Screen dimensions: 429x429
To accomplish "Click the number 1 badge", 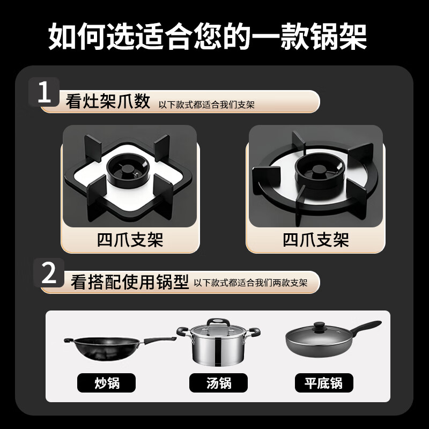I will (43, 92).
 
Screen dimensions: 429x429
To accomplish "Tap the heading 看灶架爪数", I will (108, 101).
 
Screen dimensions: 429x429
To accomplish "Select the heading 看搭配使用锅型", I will (130, 282).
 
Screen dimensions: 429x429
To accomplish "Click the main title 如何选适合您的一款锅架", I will (208, 36).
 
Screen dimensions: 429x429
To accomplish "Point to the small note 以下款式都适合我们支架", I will (206, 105).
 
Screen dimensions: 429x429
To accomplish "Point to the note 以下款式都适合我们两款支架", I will (250, 283).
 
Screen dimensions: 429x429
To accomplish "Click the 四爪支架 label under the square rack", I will (130, 240).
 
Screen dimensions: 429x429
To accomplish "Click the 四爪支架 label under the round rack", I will (316, 240).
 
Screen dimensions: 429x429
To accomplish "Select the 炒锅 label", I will (106, 383).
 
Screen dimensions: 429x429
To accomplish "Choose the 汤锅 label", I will (218, 383).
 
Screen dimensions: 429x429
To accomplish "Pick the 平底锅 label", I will (324, 383).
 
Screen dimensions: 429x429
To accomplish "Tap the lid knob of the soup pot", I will (218, 320).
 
